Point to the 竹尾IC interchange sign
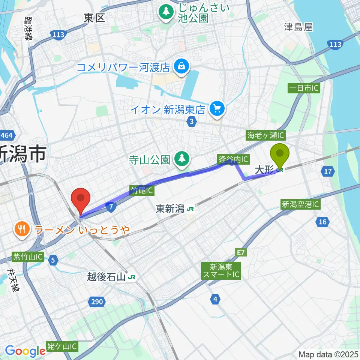(142, 190)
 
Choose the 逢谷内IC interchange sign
(233, 159)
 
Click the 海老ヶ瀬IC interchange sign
(266, 135)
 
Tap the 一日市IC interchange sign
(303, 88)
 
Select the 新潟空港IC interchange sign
(300, 204)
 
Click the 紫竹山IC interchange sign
(28, 257)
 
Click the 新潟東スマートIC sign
(221, 271)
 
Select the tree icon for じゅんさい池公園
(165, 12)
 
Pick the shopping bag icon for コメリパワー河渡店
(181, 67)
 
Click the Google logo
(25, 351)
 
